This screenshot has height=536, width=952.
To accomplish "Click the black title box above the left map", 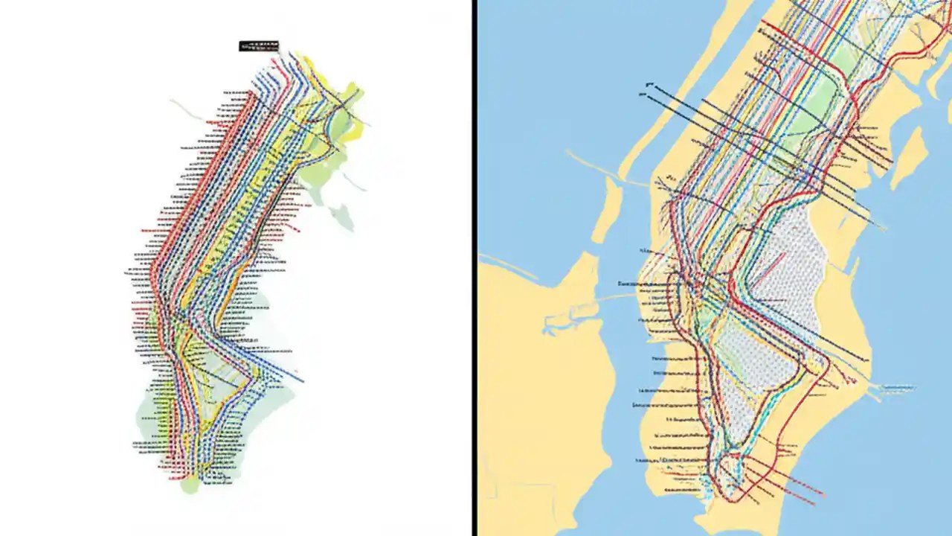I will click(258, 45).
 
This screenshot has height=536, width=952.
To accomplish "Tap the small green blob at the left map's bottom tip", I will click(190, 485).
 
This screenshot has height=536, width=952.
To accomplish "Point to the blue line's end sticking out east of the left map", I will click(300, 380).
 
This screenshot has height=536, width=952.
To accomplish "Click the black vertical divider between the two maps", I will click(474, 268).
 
